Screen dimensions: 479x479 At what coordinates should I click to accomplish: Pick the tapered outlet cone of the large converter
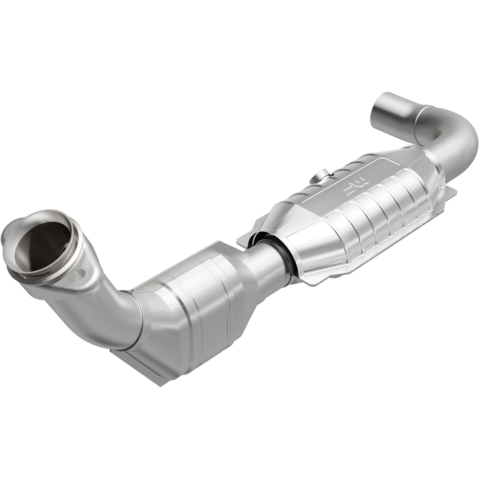click(x=425, y=168)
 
